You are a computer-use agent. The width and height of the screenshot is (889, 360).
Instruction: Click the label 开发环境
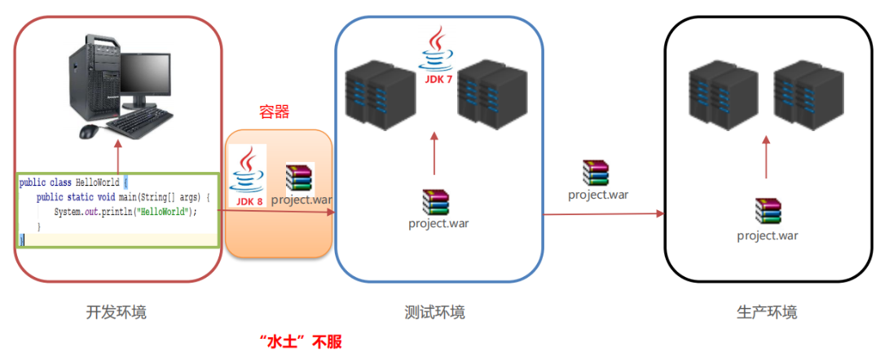point(117,312)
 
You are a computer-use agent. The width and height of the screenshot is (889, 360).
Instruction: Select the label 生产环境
point(766,312)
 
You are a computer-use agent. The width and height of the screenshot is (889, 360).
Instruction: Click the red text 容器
point(275,112)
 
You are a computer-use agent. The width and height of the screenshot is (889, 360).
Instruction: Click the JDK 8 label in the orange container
point(249,201)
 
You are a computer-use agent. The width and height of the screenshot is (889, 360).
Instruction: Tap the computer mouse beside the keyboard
point(89,130)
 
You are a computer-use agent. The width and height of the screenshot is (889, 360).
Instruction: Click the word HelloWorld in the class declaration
point(97,183)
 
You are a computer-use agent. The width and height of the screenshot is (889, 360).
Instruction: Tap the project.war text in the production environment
point(767,236)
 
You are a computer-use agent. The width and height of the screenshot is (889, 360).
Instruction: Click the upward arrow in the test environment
point(433,155)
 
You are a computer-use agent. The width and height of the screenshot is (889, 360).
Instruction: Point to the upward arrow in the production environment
point(766,157)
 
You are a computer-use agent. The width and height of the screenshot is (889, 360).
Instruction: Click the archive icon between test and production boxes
point(596,173)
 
